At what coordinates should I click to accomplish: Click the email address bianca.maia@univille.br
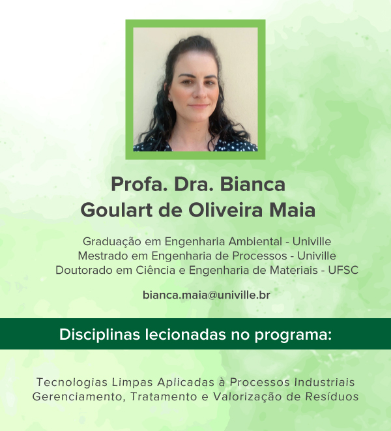(207, 295)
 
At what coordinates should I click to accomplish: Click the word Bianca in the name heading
(252, 184)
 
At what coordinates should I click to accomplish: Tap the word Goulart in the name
(116, 210)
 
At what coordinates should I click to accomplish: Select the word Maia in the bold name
(292, 210)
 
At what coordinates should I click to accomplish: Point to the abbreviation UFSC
(343, 270)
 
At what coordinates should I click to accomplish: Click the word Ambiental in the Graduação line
(255, 241)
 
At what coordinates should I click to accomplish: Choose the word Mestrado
(103, 256)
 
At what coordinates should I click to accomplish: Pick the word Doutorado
(84, 270)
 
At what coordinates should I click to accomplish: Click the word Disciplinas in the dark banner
(100, 334)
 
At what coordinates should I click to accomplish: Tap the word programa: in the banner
(293, 335)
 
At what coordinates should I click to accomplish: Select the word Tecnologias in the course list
(72, 382)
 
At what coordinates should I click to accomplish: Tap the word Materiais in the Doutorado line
(294, 270)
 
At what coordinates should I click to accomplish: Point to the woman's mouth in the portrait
(199, 106)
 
